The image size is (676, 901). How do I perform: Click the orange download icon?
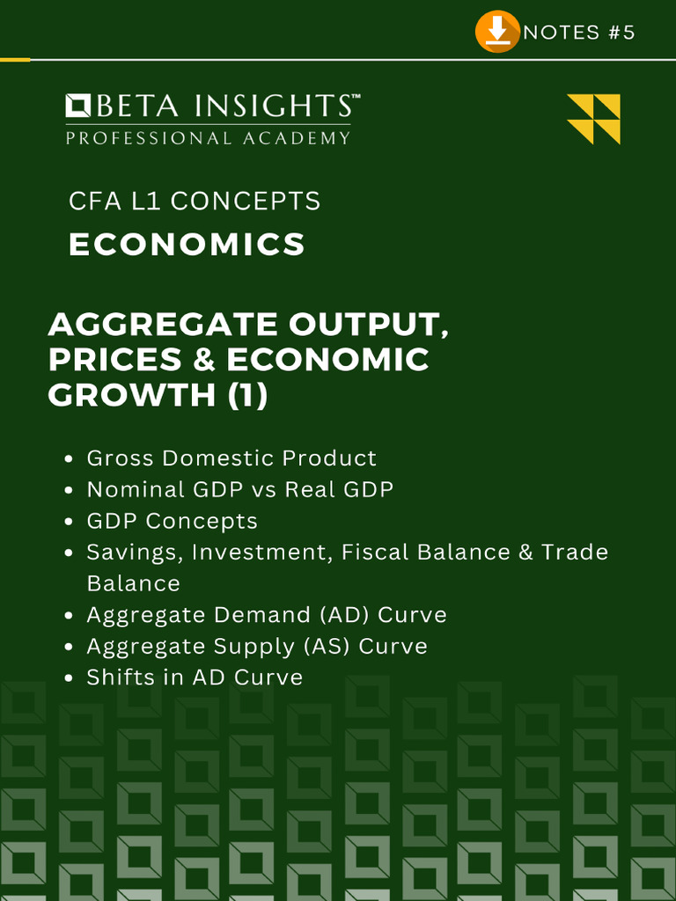click(x=497, y=32)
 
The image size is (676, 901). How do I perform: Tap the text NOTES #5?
click(x=579, y=33)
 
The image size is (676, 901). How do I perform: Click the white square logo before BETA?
click(x=78, y=106)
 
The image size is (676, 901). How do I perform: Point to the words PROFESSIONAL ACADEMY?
click(x=208, y=138)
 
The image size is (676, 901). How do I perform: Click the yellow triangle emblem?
click(x=594, y=119)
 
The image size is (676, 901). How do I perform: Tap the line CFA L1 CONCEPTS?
click(x=195, y=201)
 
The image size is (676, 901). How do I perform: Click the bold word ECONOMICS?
click(x=187, y=245)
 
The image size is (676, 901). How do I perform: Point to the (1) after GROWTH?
click(x=247, y=395)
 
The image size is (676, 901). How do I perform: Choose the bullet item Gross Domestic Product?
click(x=231, y=458)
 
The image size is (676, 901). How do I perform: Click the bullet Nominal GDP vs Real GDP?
click(x=240, y=489)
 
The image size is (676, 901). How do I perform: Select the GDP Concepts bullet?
click(x=173, y=521)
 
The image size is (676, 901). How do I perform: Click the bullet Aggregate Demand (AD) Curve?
click(x=267, y=615)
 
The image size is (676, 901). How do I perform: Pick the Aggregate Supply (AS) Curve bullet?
click(x=257, y=647)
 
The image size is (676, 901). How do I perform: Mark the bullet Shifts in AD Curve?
click(x=195, y=678)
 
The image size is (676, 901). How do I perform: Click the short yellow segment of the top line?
click(x=15, y=59)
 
